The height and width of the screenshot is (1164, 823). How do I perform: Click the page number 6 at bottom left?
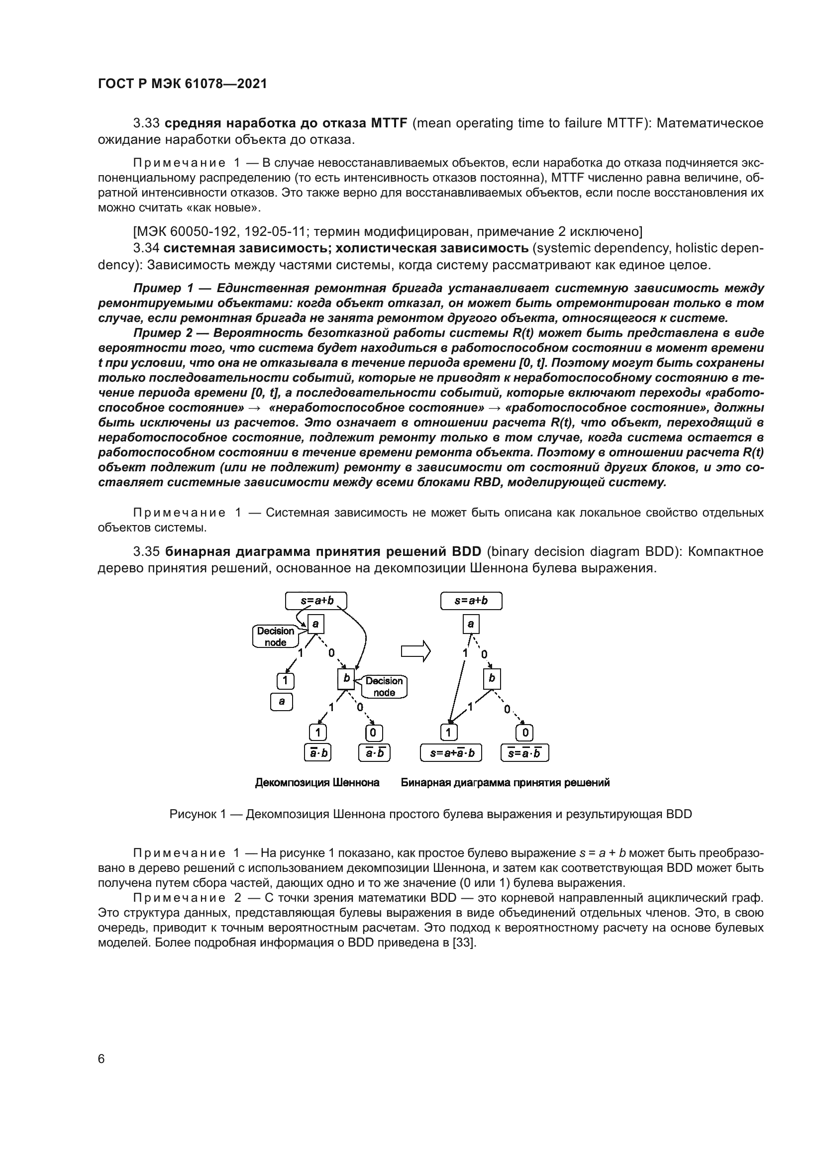pyautogui.click(x=102, y=1059)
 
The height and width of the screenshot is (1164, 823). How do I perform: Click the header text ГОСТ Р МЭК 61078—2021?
pyautogui.click(x=183, y=84)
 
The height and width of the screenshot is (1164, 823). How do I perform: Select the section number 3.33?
pyautogui.click(x=146, y=123)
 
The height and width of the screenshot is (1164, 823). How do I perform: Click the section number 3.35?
pyautogui.click(x=146, y=551)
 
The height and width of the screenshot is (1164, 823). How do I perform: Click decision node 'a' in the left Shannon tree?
pyautogui.click(x=315, y=624)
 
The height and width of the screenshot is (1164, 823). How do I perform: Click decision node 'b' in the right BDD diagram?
pyautogui.click(x=491, y=679)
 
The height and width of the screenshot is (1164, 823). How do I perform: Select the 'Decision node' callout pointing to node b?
pyautogui.click(x=384, y=686)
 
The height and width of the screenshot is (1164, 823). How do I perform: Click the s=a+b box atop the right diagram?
pyautogui.click(x=471, y=601)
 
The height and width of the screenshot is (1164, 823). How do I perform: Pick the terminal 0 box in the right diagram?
pyautogui.click(x=525, y=733)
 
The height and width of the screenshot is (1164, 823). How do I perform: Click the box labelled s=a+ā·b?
pyautogui.click(x=451, y=753)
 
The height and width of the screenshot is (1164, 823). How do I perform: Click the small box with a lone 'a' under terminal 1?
pyautogui.click(x=282, y=702)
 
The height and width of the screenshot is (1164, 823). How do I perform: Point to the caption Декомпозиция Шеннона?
pyautogui.click(x=317, y=783)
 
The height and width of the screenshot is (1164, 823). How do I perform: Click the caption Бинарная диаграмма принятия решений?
pyautogui.click(x=505, y=783)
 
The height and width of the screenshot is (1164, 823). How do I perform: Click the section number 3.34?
pyautogui.click(x=146, y=248)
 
